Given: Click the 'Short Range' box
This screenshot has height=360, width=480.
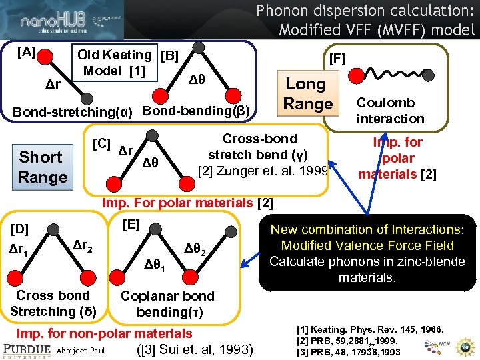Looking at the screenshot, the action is (x=41, y=167).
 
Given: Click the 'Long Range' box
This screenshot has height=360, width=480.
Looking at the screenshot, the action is (x=307, y=94).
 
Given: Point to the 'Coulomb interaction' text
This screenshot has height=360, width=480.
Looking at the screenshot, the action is (x=390, y=111).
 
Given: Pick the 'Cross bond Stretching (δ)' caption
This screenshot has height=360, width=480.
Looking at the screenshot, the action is (x=53, y=303).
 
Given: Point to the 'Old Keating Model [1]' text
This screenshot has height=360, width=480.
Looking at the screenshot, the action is (x=114, y=63).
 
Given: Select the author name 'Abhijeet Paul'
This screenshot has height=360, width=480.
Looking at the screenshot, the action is (x=82, y=349).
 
